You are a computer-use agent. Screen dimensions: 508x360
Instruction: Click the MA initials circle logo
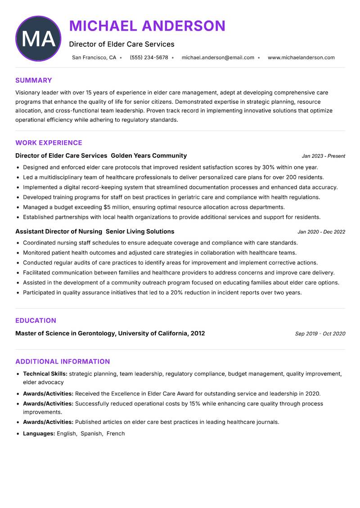click(x=38, y=39)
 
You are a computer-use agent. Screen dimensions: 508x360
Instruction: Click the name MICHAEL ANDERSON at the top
click(x=147, y=26)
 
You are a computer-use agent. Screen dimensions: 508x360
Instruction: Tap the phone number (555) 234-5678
click(x=149, y=58)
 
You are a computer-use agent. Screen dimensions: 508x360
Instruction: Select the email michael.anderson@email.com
click(x=218, y=58)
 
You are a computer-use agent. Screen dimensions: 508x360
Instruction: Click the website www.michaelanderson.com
click(x=301, y=58)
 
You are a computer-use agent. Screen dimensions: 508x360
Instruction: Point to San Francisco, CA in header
click(x=94, y=58)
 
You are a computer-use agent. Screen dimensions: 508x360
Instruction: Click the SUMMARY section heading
click(x=34, y=80)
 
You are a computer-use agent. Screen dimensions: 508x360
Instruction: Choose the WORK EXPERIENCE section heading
click(x=49, y=143)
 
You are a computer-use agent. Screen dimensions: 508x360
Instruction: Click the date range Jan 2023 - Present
click(x=323, y=156)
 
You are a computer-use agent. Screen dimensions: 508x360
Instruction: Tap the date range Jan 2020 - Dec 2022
click(x=321, y=232)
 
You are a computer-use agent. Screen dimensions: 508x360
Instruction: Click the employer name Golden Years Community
click(x=148, y=156)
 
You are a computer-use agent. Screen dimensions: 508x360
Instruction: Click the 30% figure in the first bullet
click(x=268, y=167)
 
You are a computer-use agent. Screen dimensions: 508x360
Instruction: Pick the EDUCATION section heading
click(x=36, y=321)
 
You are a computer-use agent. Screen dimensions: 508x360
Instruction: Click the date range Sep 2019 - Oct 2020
click(x=320, y=334)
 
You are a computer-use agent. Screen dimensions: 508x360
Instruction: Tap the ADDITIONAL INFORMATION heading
click(x=63, y=361)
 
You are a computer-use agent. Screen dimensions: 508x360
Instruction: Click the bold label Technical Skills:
click(x=45, y=374)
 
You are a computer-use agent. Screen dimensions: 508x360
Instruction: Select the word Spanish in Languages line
click(x=91, y=434)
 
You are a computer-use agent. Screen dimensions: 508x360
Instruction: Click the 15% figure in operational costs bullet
click(x=195, y=404)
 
